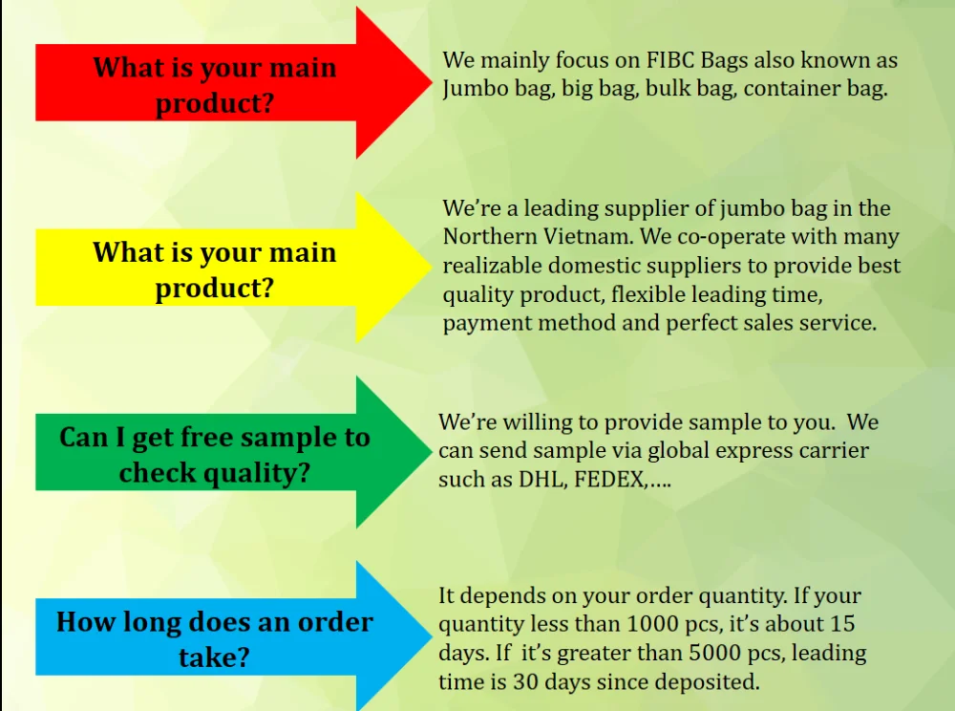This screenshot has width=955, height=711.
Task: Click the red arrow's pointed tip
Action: [432, 82]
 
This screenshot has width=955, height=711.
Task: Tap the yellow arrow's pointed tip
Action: [432, 267]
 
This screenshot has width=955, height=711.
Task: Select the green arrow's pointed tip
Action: [432, 451]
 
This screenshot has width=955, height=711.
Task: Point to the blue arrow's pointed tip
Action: [432, 636]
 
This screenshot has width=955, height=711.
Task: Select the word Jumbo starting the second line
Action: [475, 89]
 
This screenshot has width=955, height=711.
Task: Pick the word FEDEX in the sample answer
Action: [610, 480]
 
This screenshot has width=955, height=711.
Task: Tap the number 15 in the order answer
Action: [842, 624]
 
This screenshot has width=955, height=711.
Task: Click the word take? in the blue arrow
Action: [214, 657]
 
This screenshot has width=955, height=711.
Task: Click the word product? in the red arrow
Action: [214, 103]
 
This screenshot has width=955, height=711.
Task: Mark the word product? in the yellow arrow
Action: [214, 289]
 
